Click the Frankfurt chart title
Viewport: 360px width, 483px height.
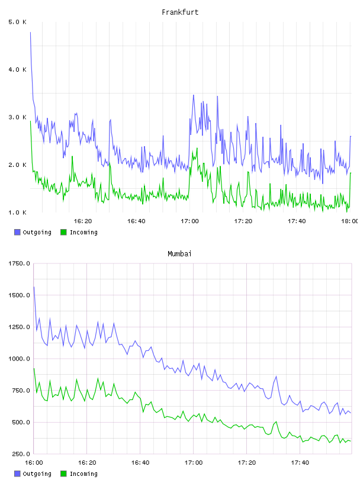click(x=180, y=12)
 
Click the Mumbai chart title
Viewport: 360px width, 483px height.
click(x=179, y=254)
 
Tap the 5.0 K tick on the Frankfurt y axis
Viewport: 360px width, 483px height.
click(x=18, y=22)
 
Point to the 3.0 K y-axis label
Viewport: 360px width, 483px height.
click(x=18, y=117)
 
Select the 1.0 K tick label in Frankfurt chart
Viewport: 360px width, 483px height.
click(x=18, y=212)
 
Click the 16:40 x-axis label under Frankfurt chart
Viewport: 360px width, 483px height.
click(x=136, y=221)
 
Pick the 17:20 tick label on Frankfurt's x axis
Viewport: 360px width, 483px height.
click(x=243, y=221)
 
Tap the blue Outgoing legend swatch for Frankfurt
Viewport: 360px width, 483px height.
click(x=17, y=232)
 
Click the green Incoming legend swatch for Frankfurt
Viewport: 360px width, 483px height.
click(x=63, y=232)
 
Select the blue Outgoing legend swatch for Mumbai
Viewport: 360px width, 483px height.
click(x=17, y=474)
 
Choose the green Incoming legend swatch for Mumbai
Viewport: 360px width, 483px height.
click(x=63, y=474)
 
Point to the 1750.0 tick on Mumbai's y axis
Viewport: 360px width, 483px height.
click(x=19, y=263)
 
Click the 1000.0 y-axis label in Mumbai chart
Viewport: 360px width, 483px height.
click(x=19, y=359)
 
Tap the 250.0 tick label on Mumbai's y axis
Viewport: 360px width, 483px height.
click(x=21, y=454)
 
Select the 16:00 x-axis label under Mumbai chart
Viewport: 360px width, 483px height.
click(x=34, y=462)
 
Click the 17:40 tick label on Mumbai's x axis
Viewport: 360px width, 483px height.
click(x=300, y=462)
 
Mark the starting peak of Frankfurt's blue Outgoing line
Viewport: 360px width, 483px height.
click(x=30, y=32)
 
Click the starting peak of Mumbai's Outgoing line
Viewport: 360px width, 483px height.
click(x=34, y=286)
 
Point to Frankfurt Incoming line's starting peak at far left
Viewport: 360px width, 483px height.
click(x=30, y=121)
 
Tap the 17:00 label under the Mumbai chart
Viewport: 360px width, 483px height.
click(x=194, y=462)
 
